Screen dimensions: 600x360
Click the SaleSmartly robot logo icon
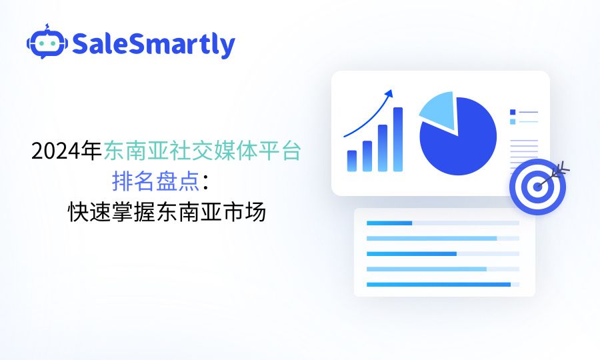pos(47,42)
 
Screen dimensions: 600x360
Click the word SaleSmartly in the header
pos(153,45)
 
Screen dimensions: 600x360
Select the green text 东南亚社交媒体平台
pos(203,151)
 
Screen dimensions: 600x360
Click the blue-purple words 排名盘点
pos(156,181)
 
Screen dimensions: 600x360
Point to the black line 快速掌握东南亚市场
pos(167,211)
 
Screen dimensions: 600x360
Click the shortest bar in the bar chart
pos(351,161)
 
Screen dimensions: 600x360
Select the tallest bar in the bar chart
pos(398,139)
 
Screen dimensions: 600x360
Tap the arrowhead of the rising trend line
pos(389,94)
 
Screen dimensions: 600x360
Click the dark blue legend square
pos(513,112)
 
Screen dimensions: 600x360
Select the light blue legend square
pos(513,121)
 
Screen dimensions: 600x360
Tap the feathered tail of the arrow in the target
pos(563,170)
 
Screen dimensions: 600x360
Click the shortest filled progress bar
pos(389,223)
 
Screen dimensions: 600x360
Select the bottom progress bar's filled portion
pos(439,284)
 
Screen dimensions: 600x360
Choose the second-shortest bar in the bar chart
pos(367,156)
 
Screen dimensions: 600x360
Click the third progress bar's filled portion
pos(411,253)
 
